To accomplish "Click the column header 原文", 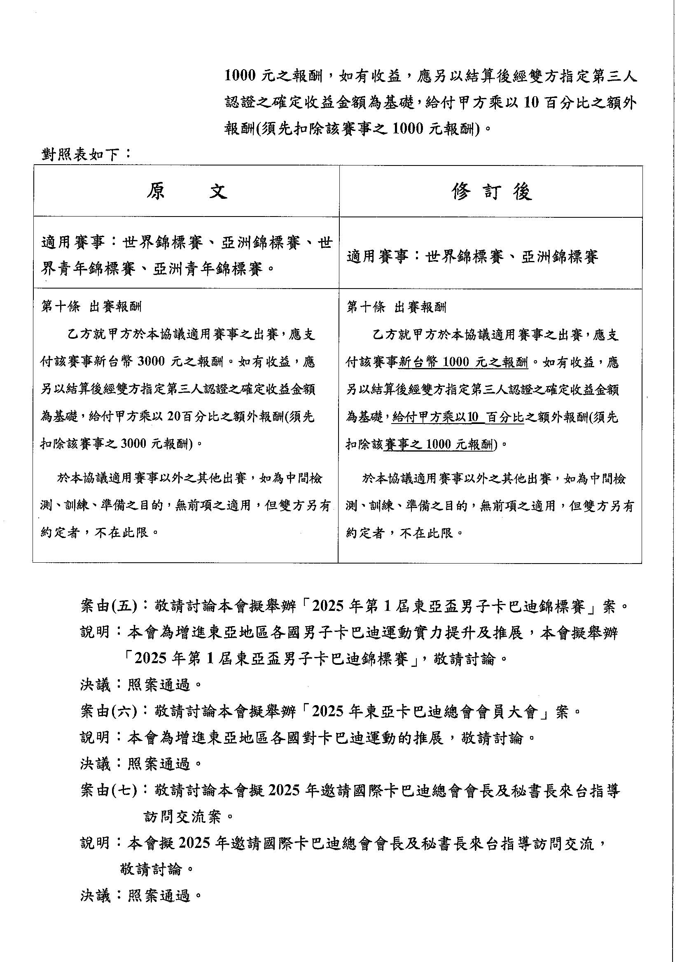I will pos(187,192).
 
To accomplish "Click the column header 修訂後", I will pos(492,192).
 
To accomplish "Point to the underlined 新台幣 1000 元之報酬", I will pos(462,362).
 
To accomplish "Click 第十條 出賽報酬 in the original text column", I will pos(91,307).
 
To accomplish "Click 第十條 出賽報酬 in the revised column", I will pos(396,307).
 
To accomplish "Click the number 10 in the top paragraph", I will pos(531,102).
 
